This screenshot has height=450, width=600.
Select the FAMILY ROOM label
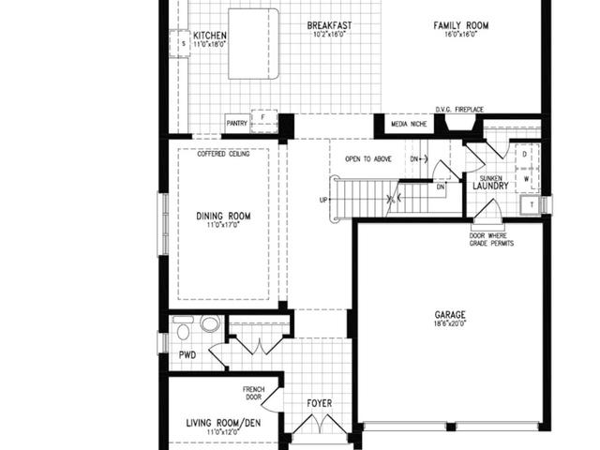click(x=460, y=24)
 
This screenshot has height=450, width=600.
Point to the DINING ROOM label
click(x=223, y=217)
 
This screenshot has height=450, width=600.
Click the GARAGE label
click(x=450, y=315)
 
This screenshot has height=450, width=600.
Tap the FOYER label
click(x=319, y=404)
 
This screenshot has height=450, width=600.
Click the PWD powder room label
click(x=186, y=355)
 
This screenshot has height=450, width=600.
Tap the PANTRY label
click(x=235, y=122)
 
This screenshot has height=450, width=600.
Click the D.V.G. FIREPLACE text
click(x=459, y=110)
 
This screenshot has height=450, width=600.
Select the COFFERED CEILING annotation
click(x=223, y=154)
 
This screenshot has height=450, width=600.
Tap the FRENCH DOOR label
click(x=253, y=393)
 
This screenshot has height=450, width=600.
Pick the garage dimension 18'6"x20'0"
click(x=450, y=324)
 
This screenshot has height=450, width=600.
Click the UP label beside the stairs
click(x=323, y=201)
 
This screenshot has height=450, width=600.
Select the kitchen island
click(x=247, y=44)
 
